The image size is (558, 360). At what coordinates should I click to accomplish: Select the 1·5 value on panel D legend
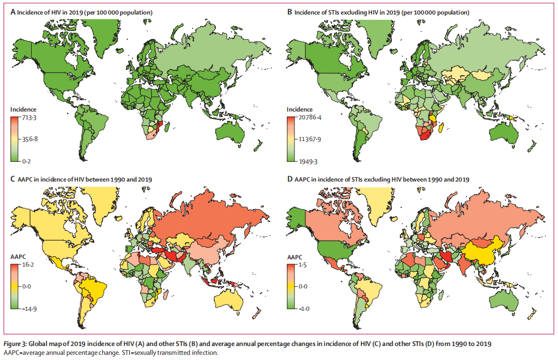(303, 265)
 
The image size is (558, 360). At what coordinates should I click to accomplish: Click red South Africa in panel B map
(423, 136)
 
